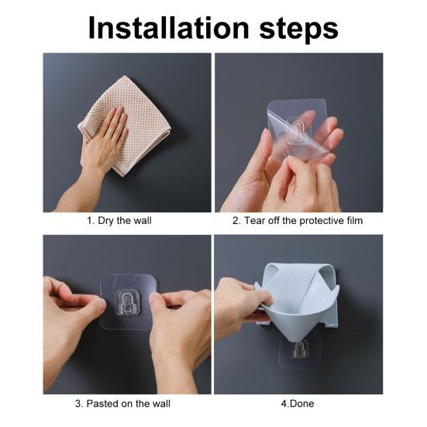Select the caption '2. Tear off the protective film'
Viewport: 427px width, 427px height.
[298, 221]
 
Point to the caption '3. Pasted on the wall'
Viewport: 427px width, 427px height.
[124, 403]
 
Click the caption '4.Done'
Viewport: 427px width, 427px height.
[298, 403]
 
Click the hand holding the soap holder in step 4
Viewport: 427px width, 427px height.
[236, 302]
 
